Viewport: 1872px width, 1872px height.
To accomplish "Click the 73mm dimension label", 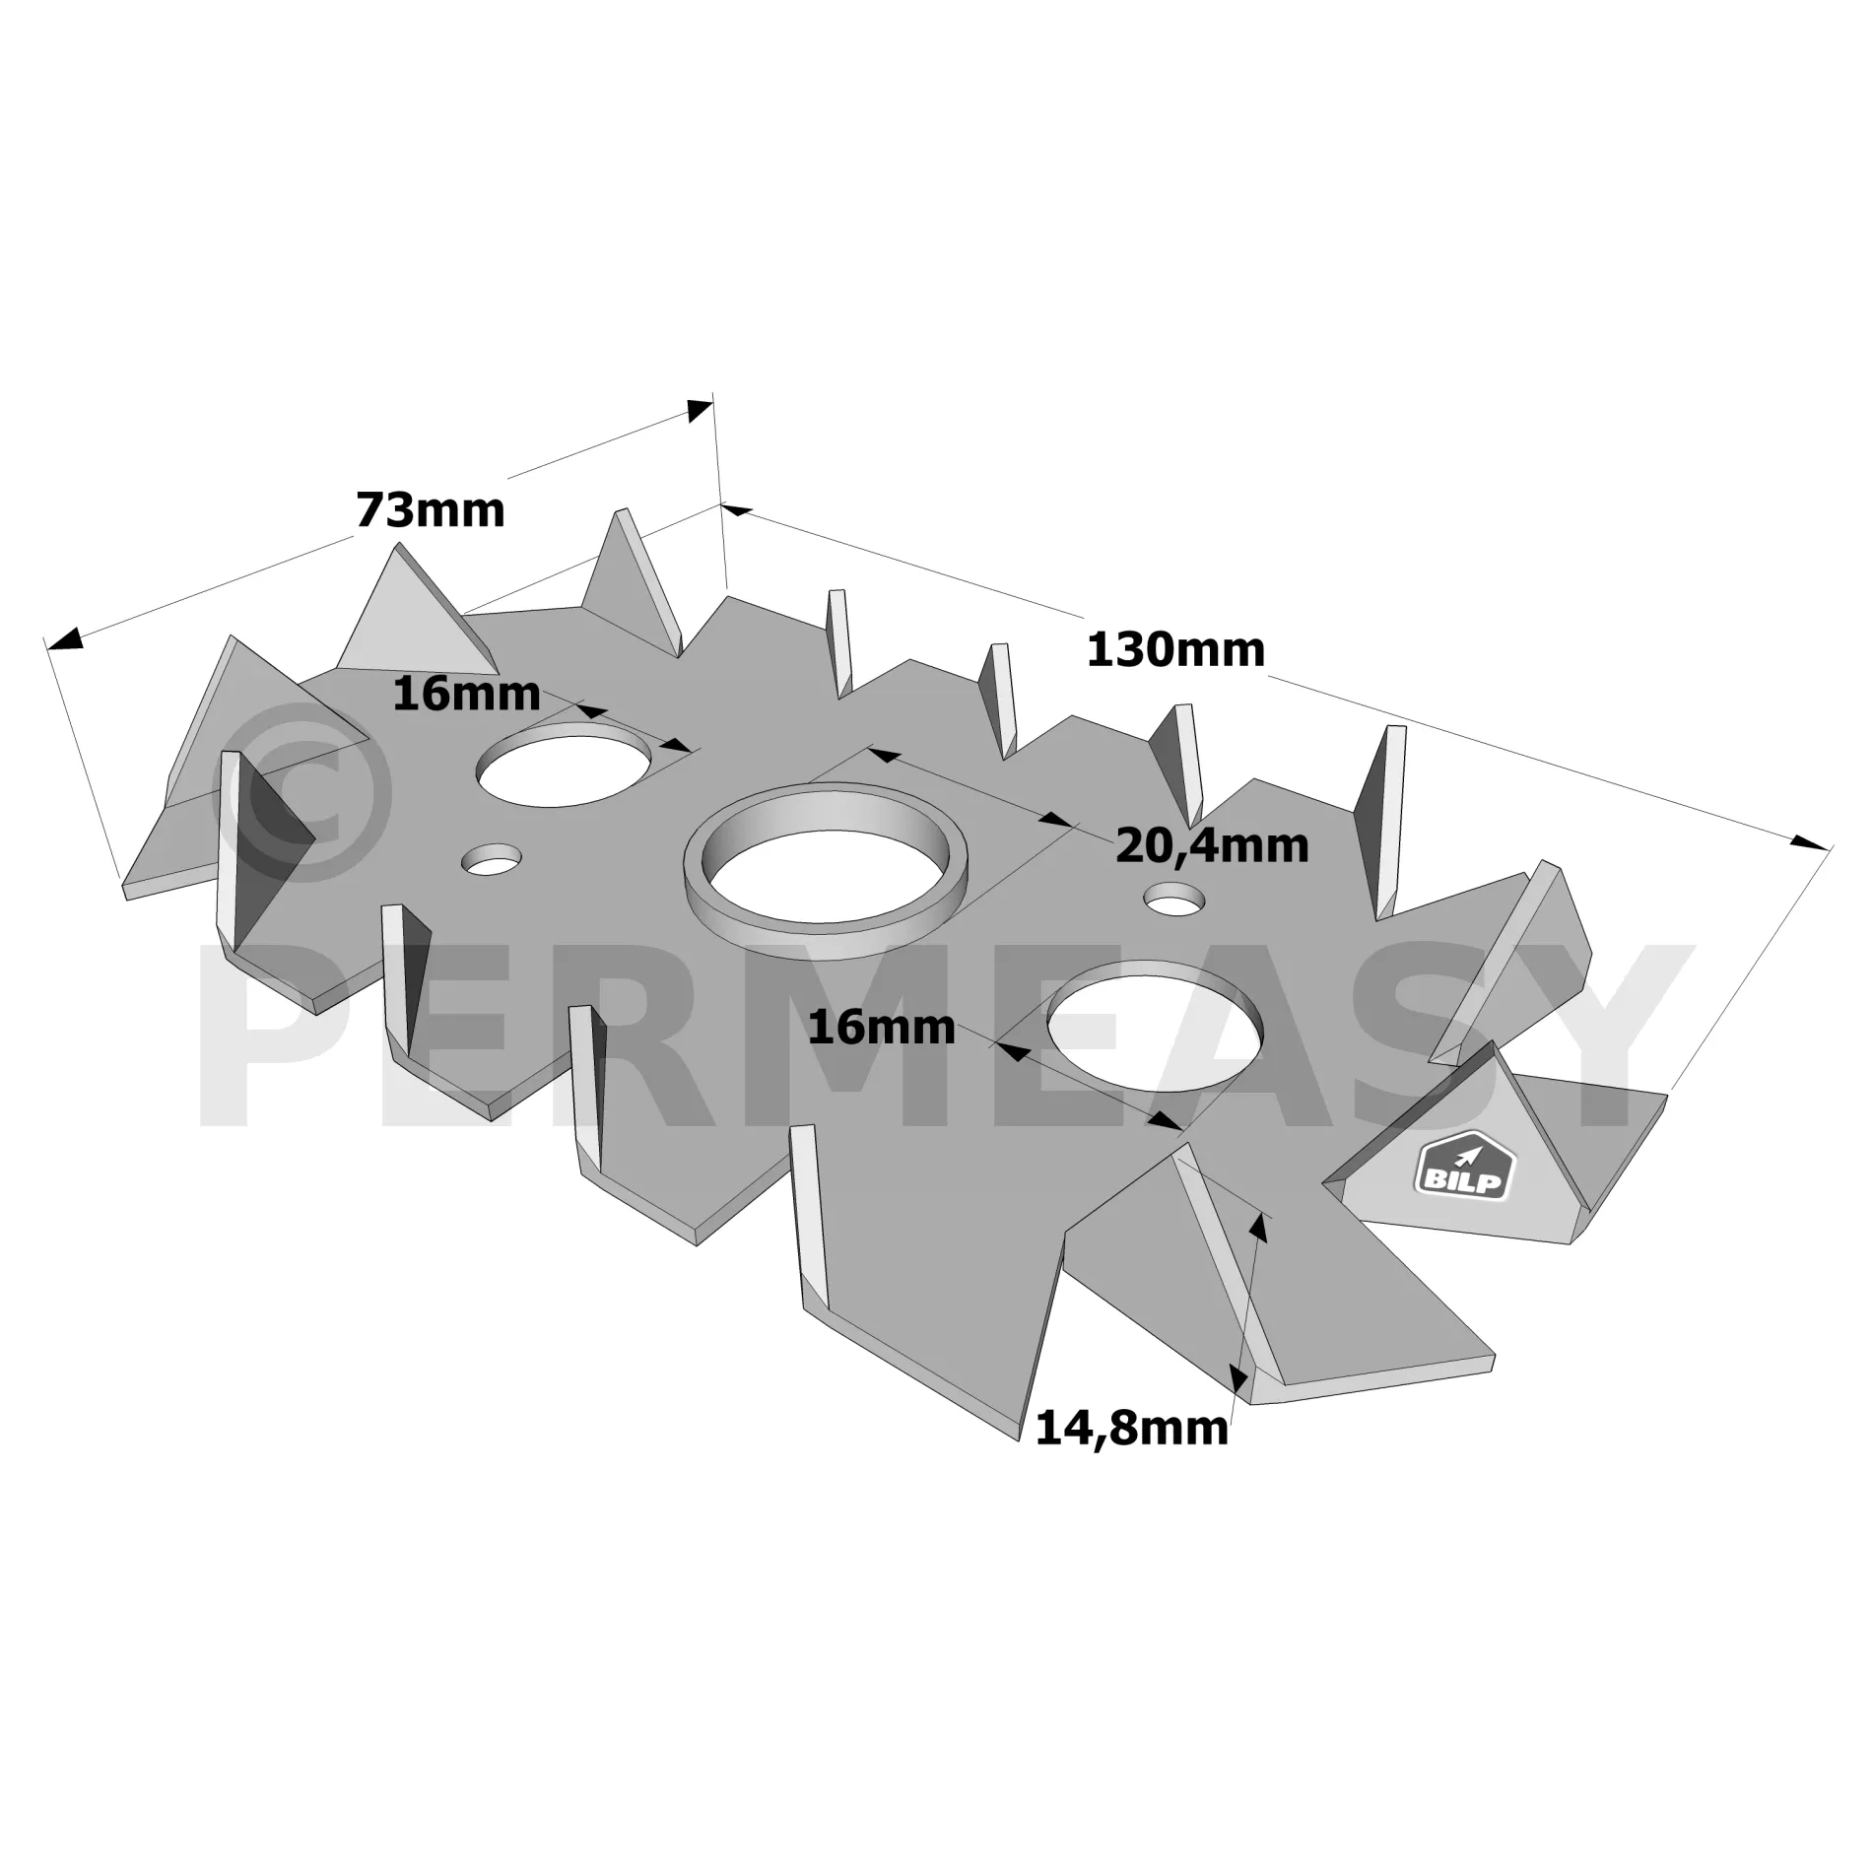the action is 430,510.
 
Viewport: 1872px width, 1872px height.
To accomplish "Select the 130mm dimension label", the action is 1175,650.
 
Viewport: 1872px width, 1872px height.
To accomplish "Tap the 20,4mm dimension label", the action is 1212,847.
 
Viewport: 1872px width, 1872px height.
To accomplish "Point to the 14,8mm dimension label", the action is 1132,1429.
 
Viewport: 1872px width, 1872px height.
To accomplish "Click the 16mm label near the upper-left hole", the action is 466,695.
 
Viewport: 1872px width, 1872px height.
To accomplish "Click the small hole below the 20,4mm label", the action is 1174,899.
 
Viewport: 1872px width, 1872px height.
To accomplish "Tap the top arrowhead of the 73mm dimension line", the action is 701,409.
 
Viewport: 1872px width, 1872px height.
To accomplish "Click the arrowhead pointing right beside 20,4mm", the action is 1055,819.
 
